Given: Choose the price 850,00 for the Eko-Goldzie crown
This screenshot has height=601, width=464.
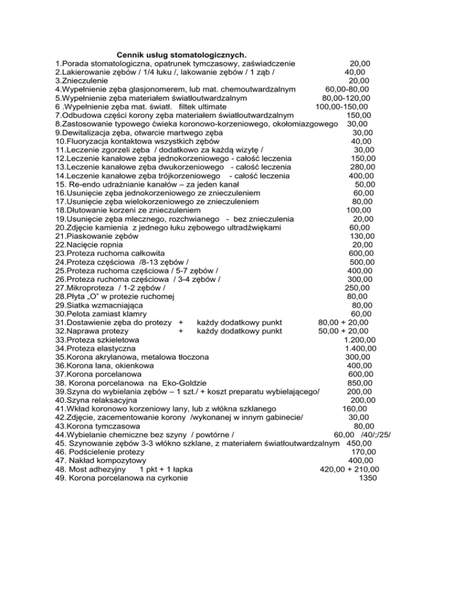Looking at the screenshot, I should point(361,383).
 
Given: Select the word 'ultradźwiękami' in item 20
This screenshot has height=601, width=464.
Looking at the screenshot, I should point(250,227).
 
